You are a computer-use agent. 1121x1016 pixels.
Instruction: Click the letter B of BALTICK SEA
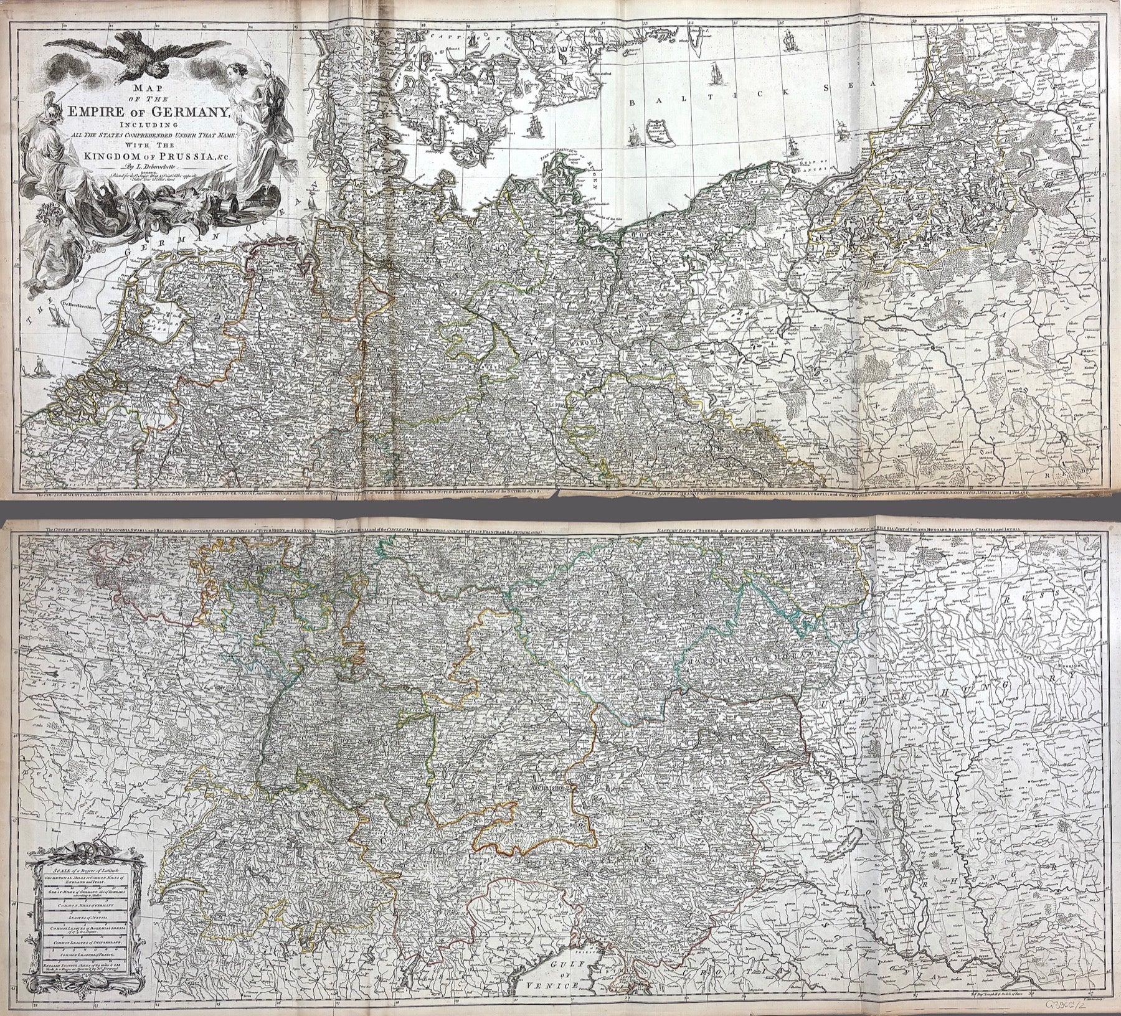coord(633,104)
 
